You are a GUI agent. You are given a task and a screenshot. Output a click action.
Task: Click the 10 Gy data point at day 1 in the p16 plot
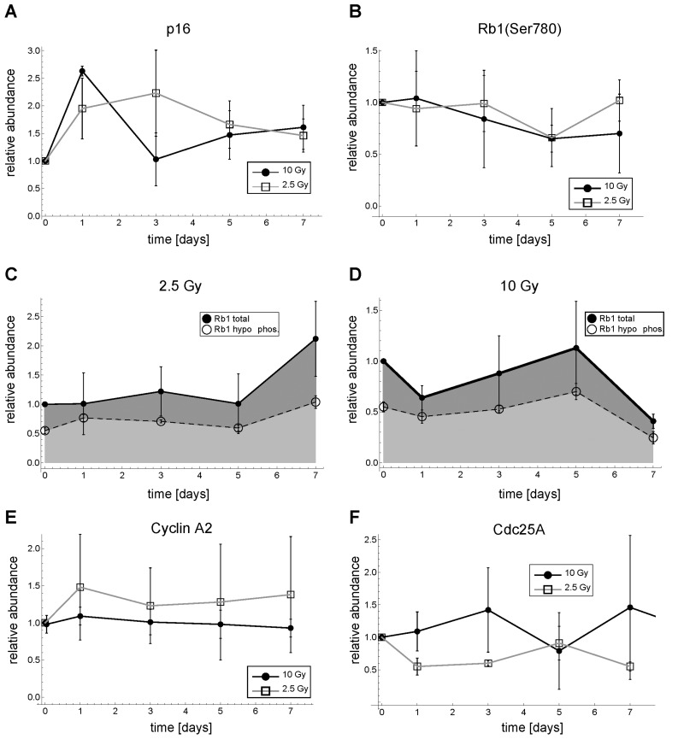coord(82,71)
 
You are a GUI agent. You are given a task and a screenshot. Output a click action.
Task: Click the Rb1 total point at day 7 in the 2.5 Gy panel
coord(315,339)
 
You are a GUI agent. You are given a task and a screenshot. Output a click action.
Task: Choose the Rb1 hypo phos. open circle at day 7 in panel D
coord(653,437)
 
